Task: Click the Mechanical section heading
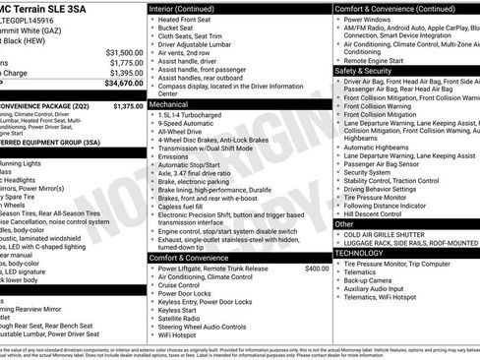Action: pyautogui.click(x=169, y=102)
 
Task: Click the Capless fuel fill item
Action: pyautogui.click(x=184, y=207)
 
